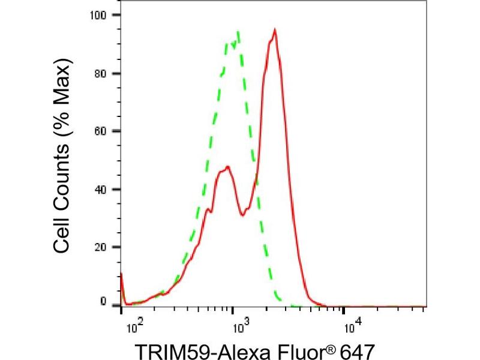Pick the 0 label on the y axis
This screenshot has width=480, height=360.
coord(103,301)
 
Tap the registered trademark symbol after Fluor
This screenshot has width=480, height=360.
coord(329,344)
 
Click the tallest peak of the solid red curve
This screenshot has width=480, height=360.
coord(274,29)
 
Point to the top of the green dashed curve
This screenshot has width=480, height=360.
coord(239,31)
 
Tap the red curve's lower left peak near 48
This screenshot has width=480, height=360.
coord(227,167)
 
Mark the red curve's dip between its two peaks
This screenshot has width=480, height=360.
coord(242,215)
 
